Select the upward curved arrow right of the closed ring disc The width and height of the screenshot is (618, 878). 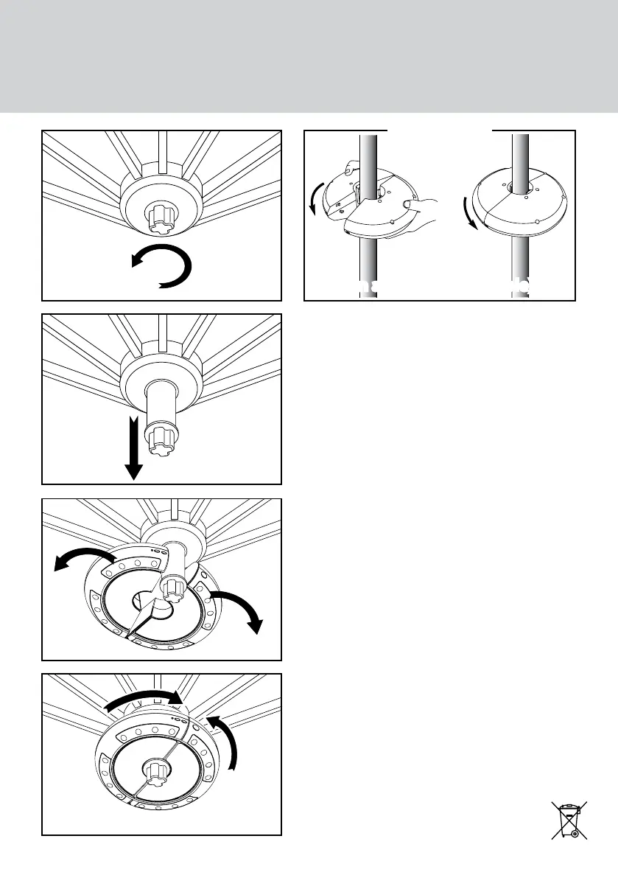click(225, 742)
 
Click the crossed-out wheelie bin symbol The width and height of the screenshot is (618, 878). click(569, 820)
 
